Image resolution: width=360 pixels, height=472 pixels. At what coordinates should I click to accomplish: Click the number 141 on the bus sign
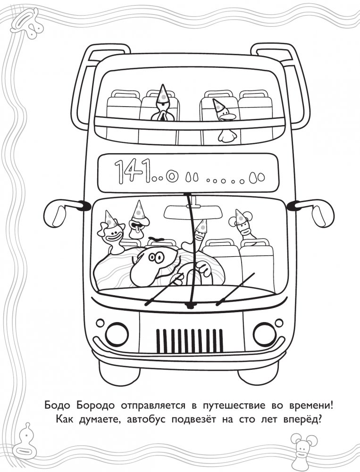pos(133,171)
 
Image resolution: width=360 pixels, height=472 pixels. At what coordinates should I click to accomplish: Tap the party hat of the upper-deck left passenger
pos(163,93)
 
